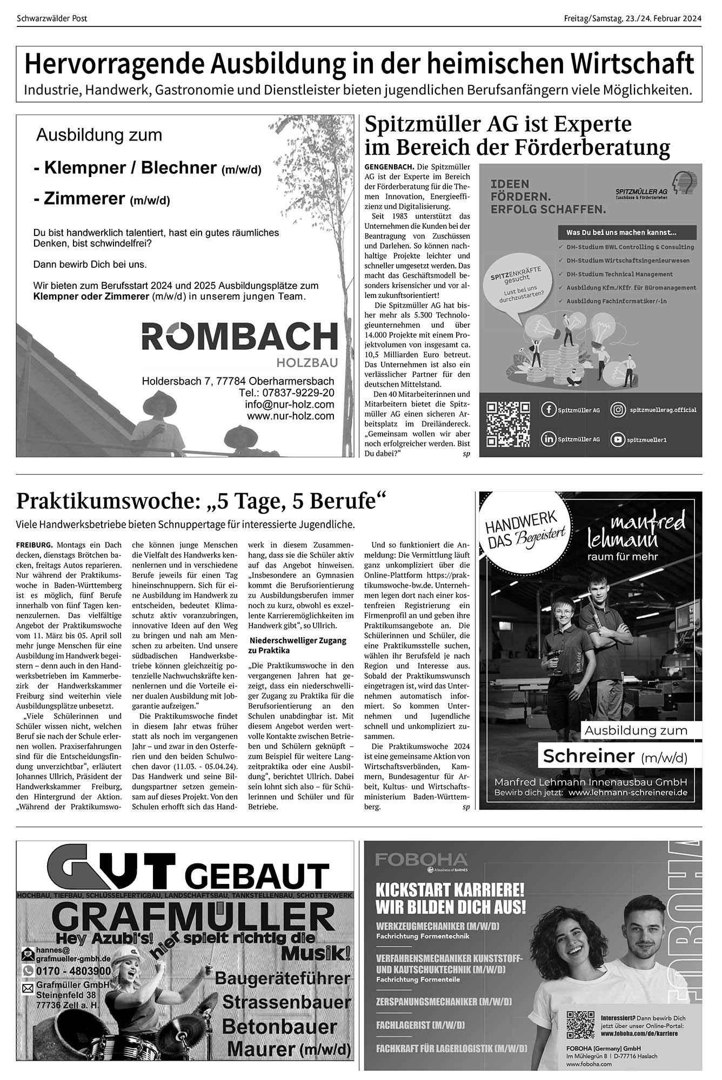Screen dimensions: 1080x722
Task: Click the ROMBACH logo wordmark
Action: (x=239, y=336)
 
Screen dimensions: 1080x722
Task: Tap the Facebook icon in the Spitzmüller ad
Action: (x=549, y=410)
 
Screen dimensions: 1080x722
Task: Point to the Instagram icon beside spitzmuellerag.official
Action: (x=618, y=410)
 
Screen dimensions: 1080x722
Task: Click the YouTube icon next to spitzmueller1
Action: (x=618, y=440)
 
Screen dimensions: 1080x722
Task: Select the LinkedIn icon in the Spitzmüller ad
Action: (x=549, y=440)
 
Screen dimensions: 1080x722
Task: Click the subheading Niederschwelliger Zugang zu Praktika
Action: (x=297, y=645)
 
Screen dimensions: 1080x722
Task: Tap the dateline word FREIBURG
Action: (x=35, y=544)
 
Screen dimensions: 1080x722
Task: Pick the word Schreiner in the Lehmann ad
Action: (x=589, y=757)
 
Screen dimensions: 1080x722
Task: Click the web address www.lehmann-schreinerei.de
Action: (x=628, y=793)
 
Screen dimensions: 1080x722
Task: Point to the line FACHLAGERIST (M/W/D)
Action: (x=420, y=1025)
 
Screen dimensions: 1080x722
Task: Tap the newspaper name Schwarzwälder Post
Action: (x=52, y=18)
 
